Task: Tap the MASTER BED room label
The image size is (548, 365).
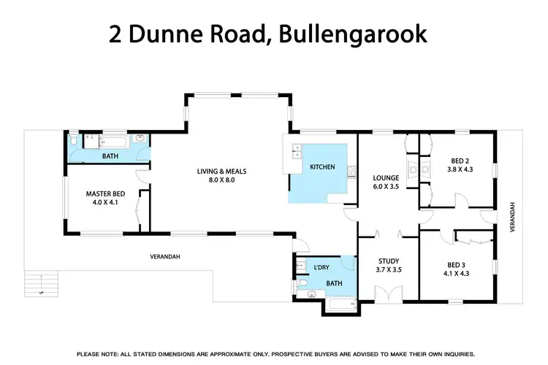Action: point(103,193)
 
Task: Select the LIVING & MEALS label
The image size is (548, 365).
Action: point(222,172)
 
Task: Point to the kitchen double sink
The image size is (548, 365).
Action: point(296,152)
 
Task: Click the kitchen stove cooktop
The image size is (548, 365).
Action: point(352,172)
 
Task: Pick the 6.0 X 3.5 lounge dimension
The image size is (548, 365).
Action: point(384,186)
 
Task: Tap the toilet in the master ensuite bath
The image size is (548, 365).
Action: point(75,139)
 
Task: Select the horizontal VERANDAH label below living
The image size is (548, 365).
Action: point(165,256)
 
